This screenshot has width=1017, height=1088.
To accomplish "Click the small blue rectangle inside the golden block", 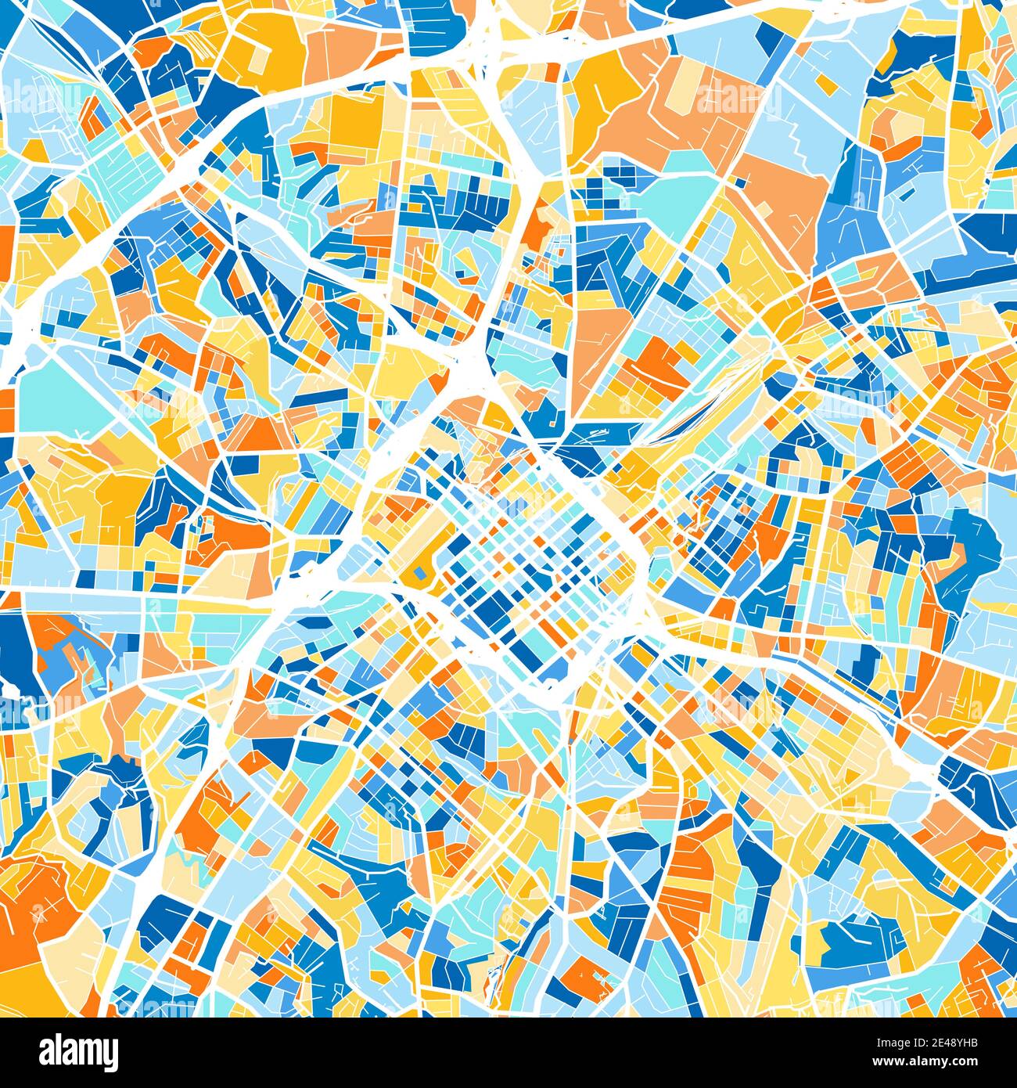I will pos(420,575).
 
